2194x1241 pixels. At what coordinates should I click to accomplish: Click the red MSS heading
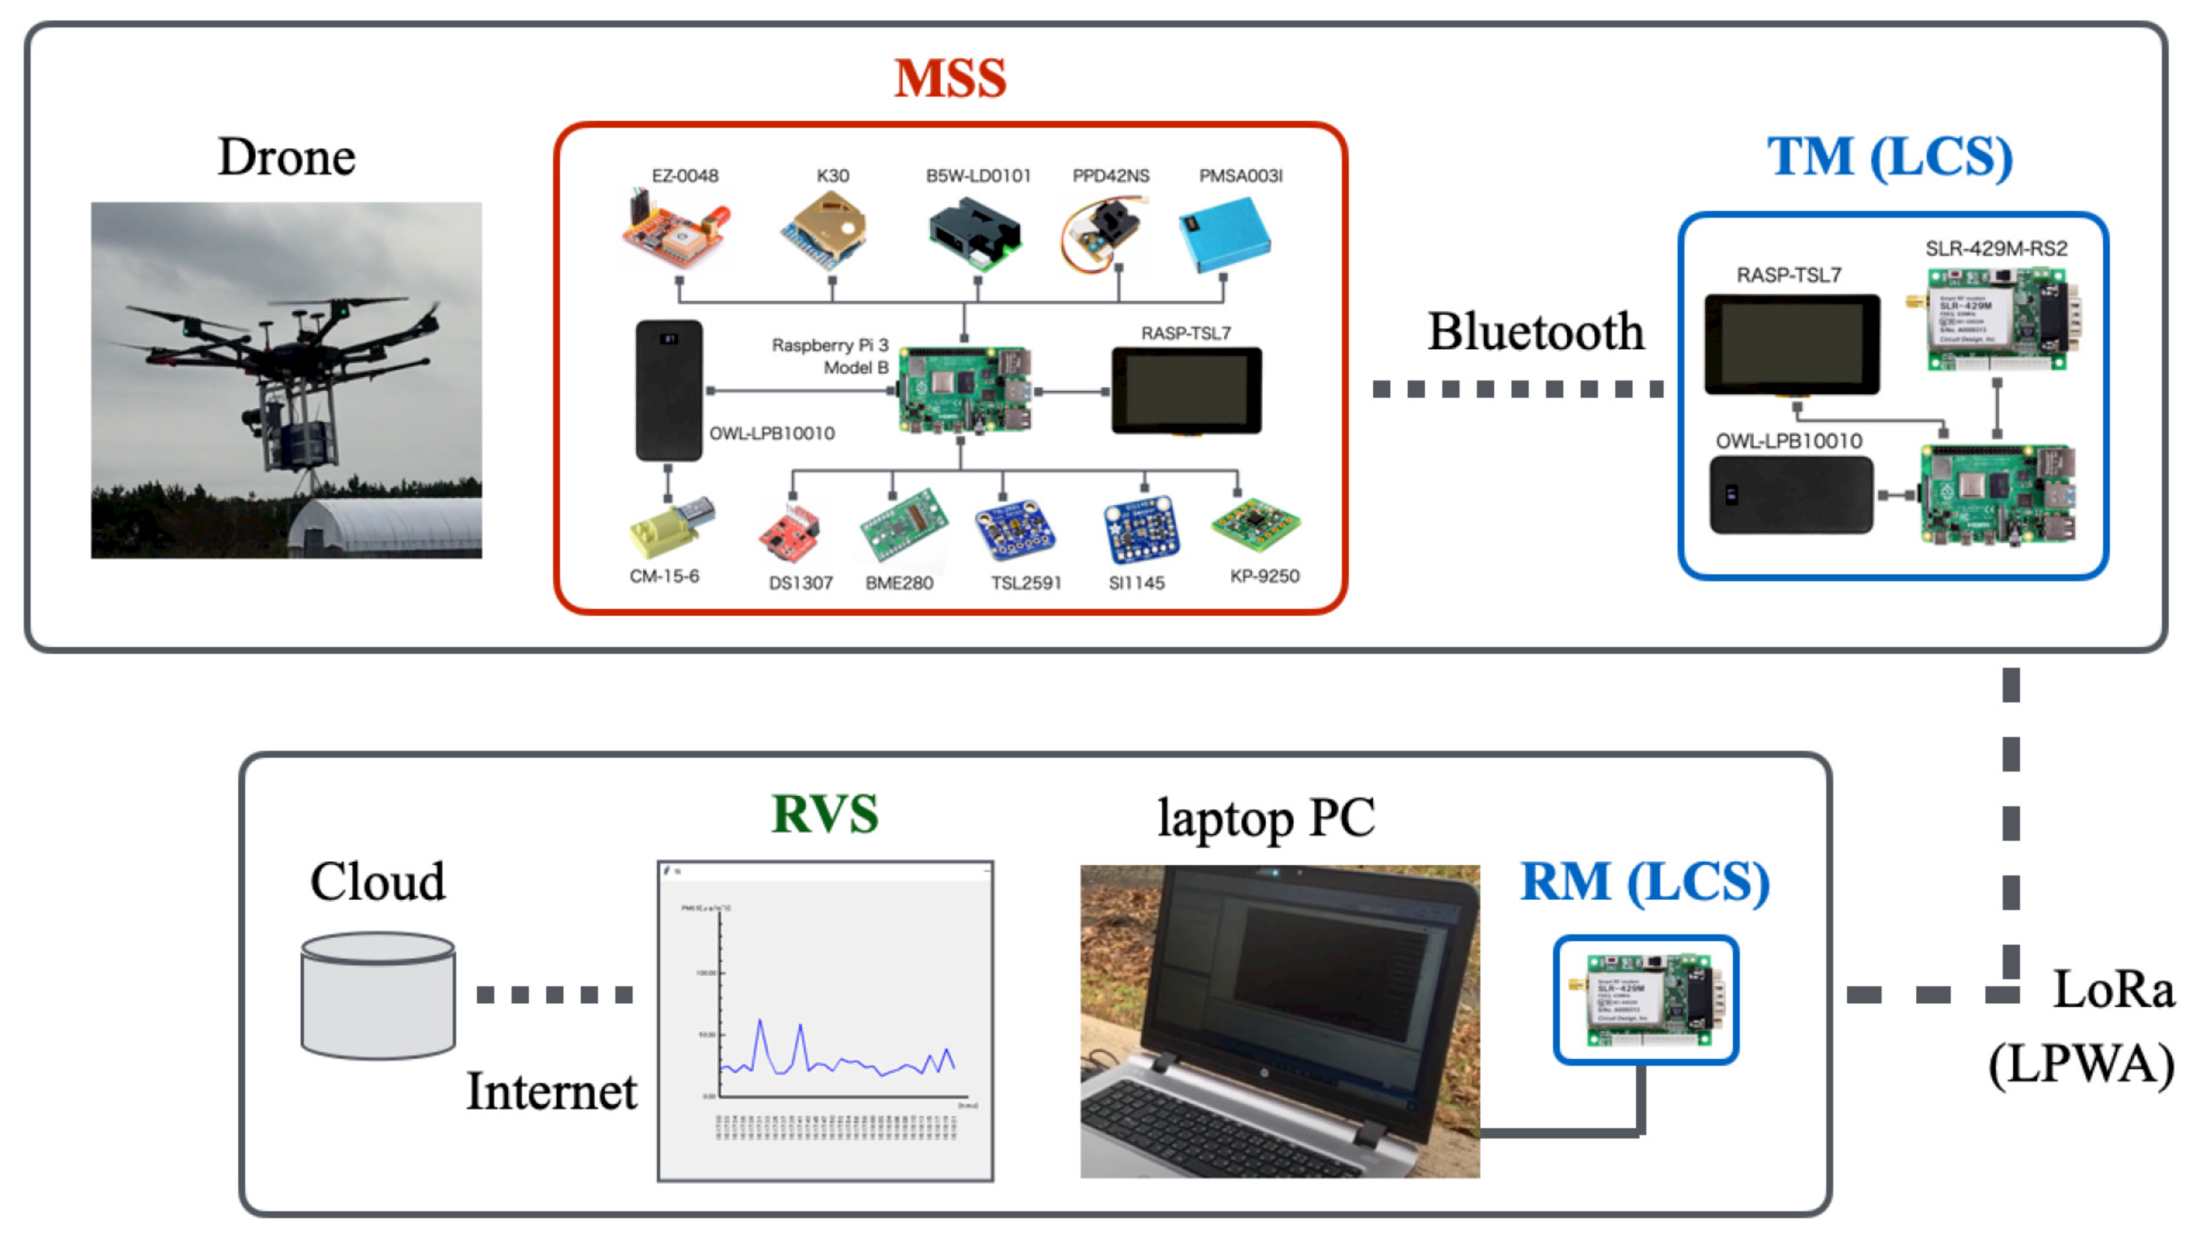click(949, 80)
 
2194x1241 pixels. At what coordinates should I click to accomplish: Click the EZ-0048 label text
click(684, 176)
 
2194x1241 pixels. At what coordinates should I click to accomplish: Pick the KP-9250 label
click(1264, 576)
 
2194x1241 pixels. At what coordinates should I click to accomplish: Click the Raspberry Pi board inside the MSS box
click(964, 390)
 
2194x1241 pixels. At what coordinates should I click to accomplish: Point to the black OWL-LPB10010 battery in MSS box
click(669, 390)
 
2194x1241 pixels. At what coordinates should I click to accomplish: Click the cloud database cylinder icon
click(378, 995)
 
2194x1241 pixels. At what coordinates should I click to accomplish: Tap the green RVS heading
click(824, 814)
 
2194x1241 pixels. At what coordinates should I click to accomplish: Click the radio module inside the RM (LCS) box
click(1645, 1000)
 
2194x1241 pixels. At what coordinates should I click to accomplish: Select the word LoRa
click(2112, 990)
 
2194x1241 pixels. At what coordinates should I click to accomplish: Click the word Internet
click(552, 1092)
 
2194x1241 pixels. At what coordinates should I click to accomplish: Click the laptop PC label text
click(1266, 819)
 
